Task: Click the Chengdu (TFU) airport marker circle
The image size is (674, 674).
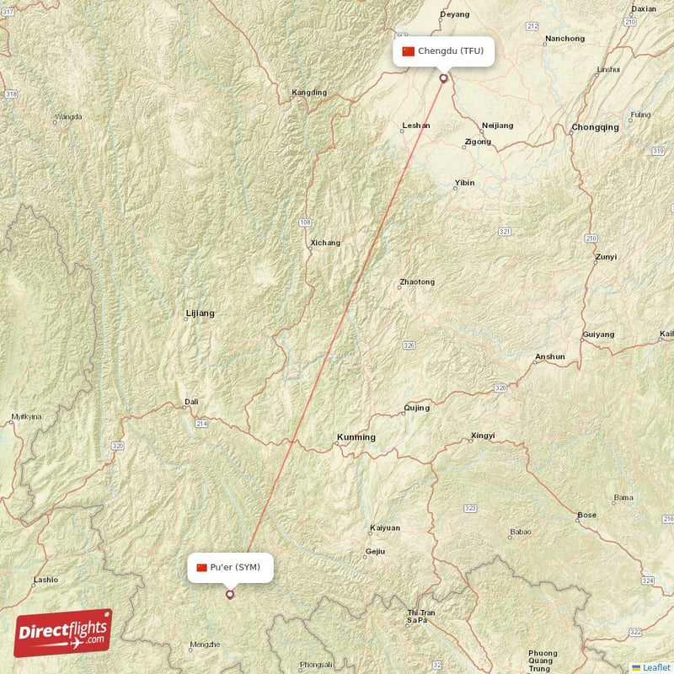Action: (x=443, y=78)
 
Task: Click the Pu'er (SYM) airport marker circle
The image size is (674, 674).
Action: (x=229, y=595)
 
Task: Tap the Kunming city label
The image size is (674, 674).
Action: (x=356, y=437)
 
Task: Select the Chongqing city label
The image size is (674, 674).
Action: (x=595, y=127)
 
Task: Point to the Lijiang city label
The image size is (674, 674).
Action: (x=200, y=313)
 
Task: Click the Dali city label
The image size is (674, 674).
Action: (x=191, y=402)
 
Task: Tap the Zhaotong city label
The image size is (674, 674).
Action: (x=417, y=281)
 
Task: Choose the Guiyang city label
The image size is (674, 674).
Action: (x=598, y=334)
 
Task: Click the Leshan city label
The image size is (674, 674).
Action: (x=415, y=126)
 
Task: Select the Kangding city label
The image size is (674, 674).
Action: (x=308, y=92)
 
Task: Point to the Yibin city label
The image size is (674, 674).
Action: (x=464, y=182)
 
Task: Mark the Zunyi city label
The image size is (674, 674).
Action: (x=605, y=257)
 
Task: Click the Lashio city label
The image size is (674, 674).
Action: (x=45, y=580)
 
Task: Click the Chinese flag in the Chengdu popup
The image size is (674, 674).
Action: (x=409, y=51)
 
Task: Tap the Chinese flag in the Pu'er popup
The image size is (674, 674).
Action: (x=201, y=567)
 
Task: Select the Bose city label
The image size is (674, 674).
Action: (x=586, y=515)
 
